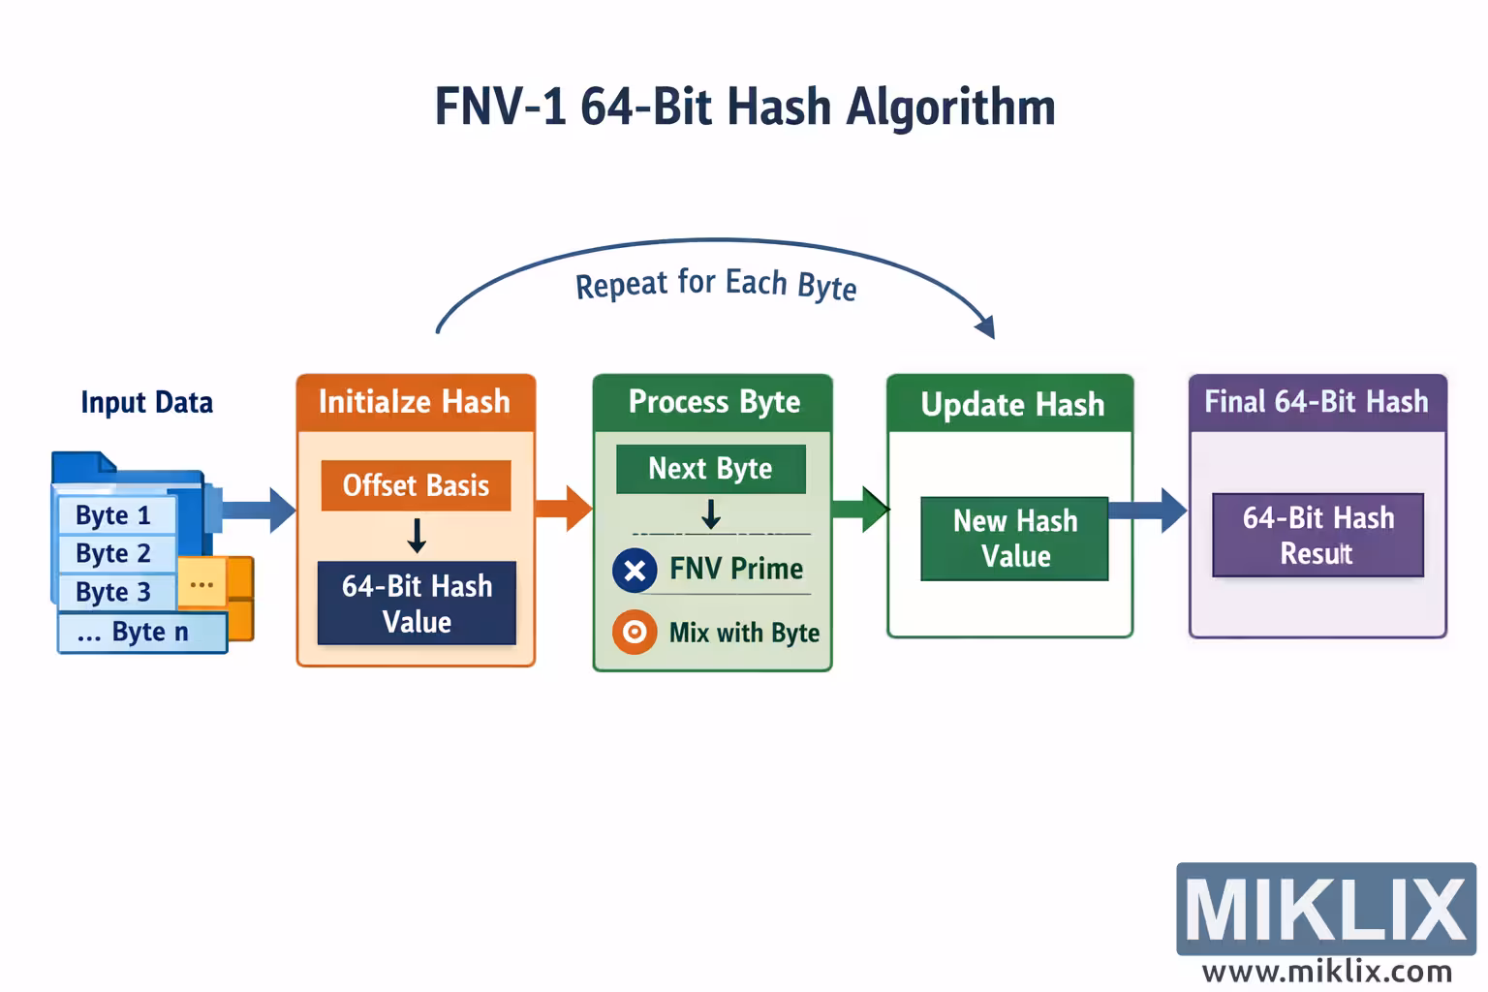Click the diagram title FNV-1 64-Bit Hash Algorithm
[744, 107]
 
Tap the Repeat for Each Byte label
[715, 285]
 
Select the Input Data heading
[146, 402]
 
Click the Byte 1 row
[114, 514]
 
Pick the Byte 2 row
[114, 553]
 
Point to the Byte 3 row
[114, 591]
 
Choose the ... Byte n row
[140, 632]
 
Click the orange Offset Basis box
[416, 485]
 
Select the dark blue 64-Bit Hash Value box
[417, 603]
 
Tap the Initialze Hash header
[415, 402]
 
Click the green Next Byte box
[710, 469]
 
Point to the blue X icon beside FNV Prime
[635, 571]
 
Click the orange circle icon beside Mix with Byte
[635, 633]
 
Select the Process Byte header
[713, 402]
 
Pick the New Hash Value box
[1014, 539]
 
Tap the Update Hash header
[1010, 404]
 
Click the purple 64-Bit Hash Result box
[1317, 535]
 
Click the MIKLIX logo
[1325, 909]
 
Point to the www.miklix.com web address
[1325, 972]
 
